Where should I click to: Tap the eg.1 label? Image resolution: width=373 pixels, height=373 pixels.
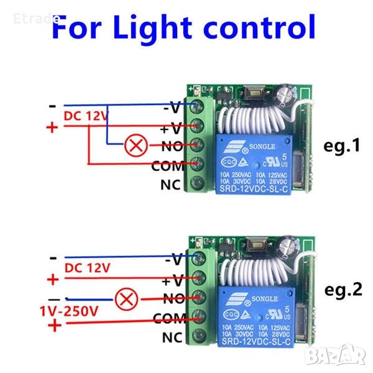342,146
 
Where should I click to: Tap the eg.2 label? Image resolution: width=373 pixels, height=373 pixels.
342,289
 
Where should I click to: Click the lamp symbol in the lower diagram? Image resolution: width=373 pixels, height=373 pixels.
127,300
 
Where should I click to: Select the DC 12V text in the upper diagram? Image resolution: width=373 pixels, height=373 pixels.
86,116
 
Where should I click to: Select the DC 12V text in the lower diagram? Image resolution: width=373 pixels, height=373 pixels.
86,268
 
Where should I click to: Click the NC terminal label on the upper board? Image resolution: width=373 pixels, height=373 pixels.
170,185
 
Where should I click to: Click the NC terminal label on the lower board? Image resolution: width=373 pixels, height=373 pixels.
170,338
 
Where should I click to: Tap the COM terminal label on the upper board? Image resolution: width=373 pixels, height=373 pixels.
167,166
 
